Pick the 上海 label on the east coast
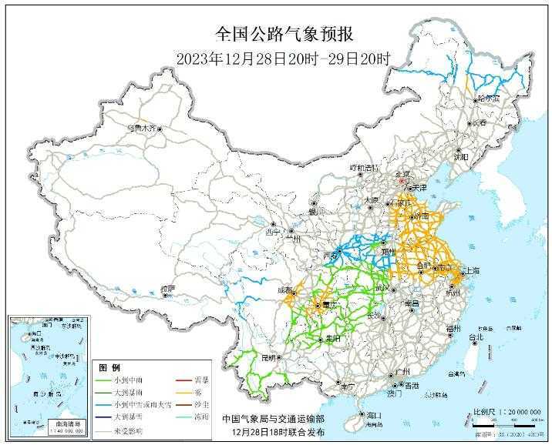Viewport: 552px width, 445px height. (x=470, y=271)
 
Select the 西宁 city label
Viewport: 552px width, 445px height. (x=273, y=231)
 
